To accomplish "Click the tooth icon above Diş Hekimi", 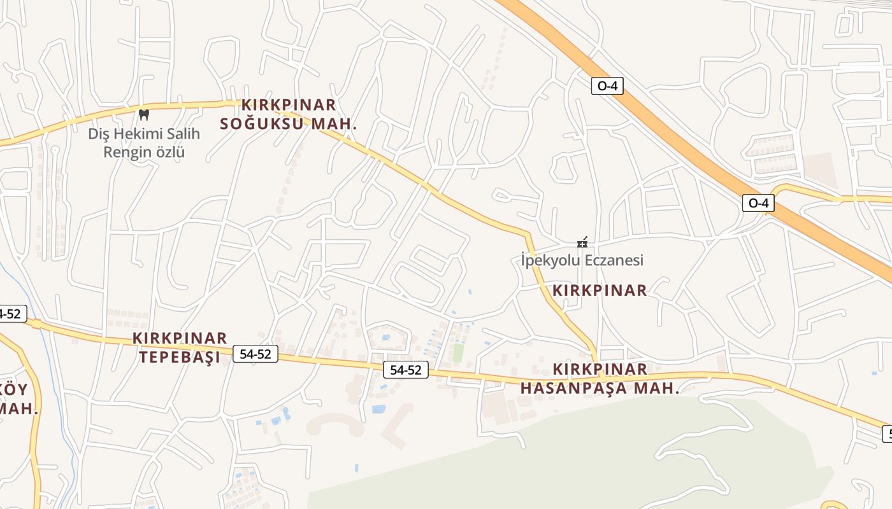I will point(143,115).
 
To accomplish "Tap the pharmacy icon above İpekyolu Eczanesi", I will point(582,242).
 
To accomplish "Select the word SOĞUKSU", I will point(262,123).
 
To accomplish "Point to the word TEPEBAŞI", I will point(180,357).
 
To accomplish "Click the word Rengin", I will point(127,152).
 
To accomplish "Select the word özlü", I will point(170,152).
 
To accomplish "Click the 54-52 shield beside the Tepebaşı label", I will point(255,354).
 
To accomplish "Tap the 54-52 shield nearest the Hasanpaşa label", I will point(406,370).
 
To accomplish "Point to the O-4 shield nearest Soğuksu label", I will point(607,86).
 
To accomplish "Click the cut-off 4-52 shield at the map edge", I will point(11,313).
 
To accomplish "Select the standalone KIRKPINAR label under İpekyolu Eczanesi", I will point(600,291).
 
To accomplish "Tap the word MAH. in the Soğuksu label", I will point(333,123).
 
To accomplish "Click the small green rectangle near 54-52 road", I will point(458,353).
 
